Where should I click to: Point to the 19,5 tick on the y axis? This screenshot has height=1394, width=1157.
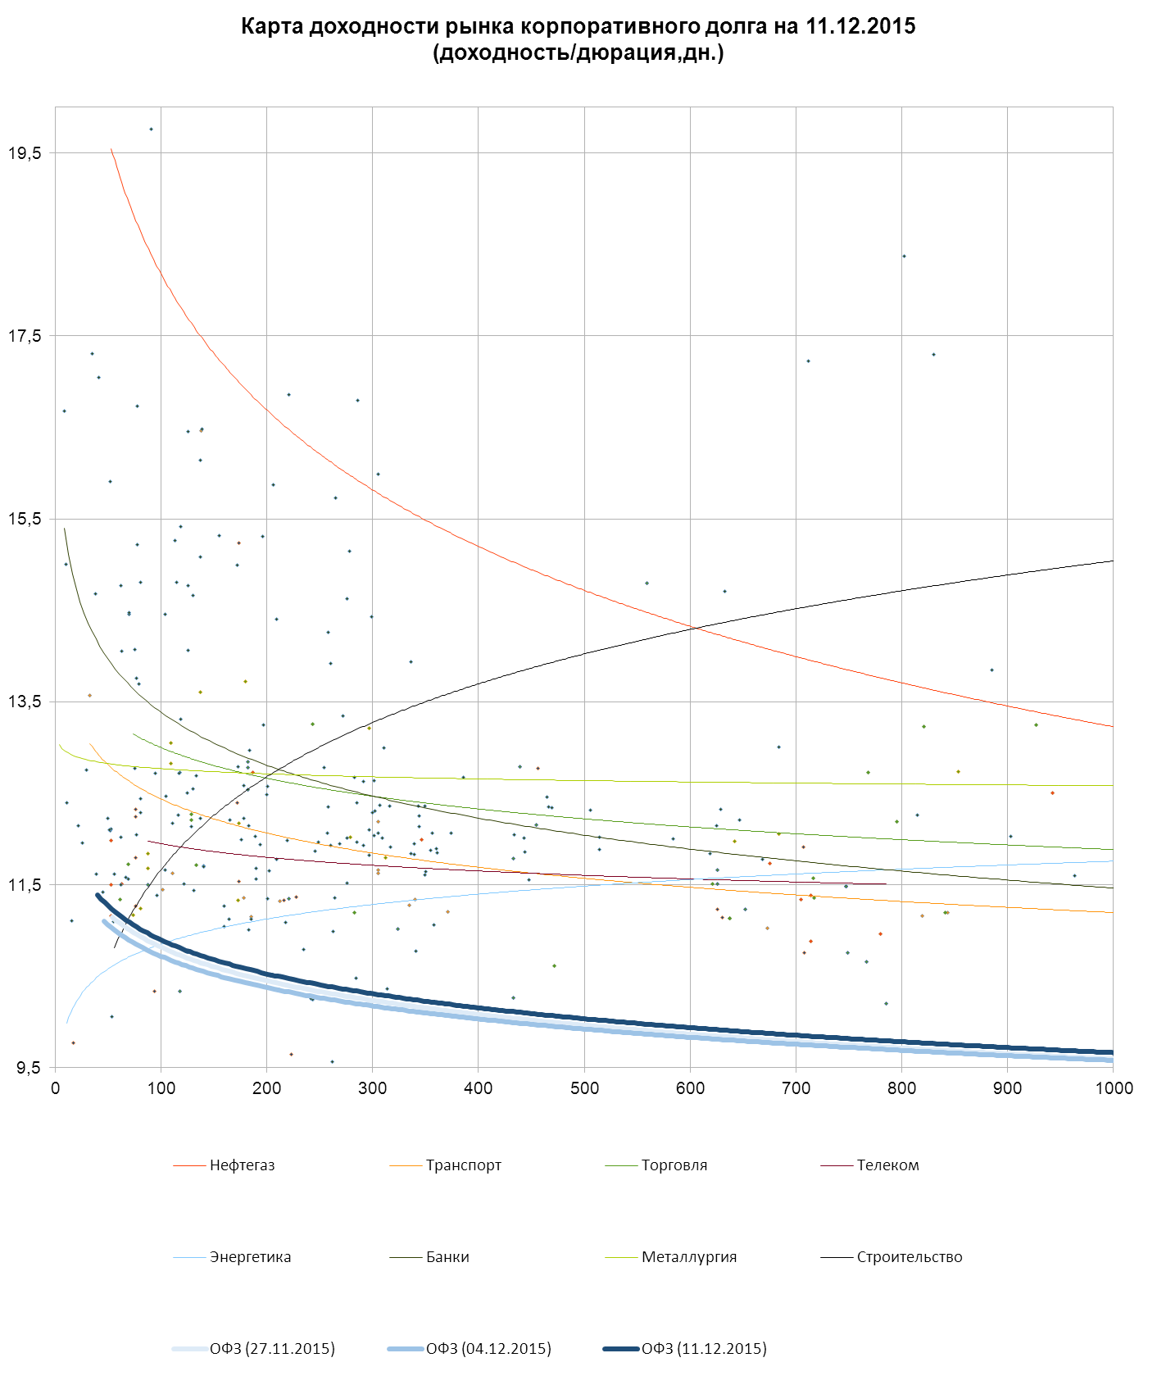point(24,153)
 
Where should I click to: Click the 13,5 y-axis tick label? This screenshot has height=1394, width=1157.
point(24,702)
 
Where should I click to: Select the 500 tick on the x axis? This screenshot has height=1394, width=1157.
point(584,1088)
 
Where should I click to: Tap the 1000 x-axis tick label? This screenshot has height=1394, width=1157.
point(1113,1088)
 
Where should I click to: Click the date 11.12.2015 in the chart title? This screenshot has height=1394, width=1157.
point(860,26)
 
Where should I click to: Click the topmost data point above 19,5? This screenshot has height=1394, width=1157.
point(151,129)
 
